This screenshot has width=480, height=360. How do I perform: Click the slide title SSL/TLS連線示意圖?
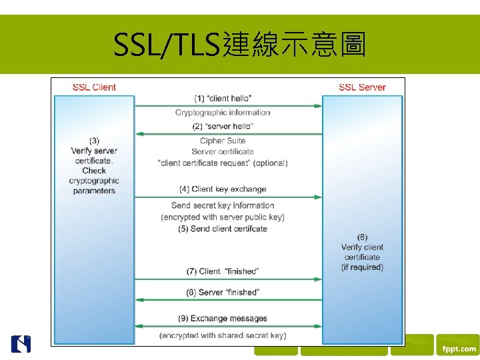pos(239,45)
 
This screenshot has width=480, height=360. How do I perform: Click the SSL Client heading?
pos(94,87)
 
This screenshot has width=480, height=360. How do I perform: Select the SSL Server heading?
pos(362,87)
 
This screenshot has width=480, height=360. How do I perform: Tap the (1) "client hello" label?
pos(223,99)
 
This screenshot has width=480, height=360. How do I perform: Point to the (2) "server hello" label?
pos(223,126)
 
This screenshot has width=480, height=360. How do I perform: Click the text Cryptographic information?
pos(223,112)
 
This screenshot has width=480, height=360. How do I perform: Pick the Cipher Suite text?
pos(223,141)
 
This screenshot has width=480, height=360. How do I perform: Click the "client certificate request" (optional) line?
pos(223,163)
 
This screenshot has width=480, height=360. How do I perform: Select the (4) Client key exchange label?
pos(223,189)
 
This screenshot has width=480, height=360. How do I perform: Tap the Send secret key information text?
pos(223,205)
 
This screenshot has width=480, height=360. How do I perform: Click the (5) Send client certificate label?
pos(223,229)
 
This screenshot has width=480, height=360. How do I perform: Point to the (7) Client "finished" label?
pos(223,271)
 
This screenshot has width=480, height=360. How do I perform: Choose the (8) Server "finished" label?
pos(223,292)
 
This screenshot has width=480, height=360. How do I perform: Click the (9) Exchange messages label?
pos(223,318)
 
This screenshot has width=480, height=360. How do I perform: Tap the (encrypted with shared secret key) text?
pos(223,335)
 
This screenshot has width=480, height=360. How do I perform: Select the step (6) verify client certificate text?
pos(362,252)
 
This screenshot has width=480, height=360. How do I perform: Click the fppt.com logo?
pos(457,349)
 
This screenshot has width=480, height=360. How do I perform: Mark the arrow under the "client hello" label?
pos(229,105)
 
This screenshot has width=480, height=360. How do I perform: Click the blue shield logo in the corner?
pos(21,343)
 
